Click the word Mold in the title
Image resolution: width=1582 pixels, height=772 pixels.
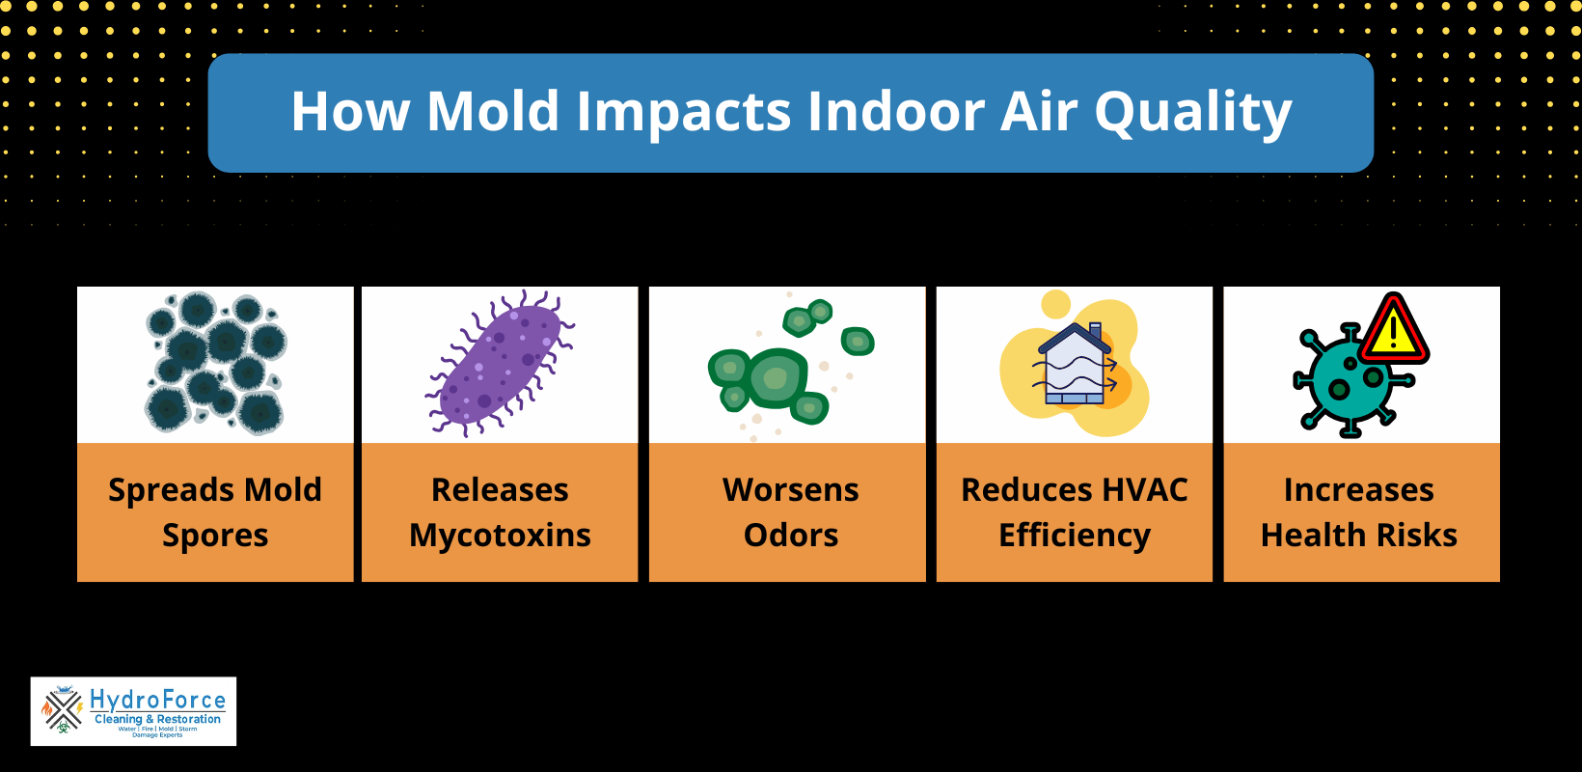[x=493, y=111]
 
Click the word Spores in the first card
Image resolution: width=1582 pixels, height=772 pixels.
[x=215, y=536]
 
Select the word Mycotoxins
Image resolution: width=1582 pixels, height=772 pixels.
[x=500, y=536]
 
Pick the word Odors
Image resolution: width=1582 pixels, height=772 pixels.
[x=791, y=535]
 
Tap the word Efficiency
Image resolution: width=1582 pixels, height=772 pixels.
[x=1075, y=536]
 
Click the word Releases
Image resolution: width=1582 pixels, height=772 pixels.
[x=500, y=489]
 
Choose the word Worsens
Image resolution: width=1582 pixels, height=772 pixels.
[x=791, y=489]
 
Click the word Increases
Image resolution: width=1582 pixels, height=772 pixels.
[x=1358, y=489]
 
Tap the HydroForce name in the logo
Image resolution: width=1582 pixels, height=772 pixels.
[x=157, y=700]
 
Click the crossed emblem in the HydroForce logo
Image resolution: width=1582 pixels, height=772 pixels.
[x=63, y=712]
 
